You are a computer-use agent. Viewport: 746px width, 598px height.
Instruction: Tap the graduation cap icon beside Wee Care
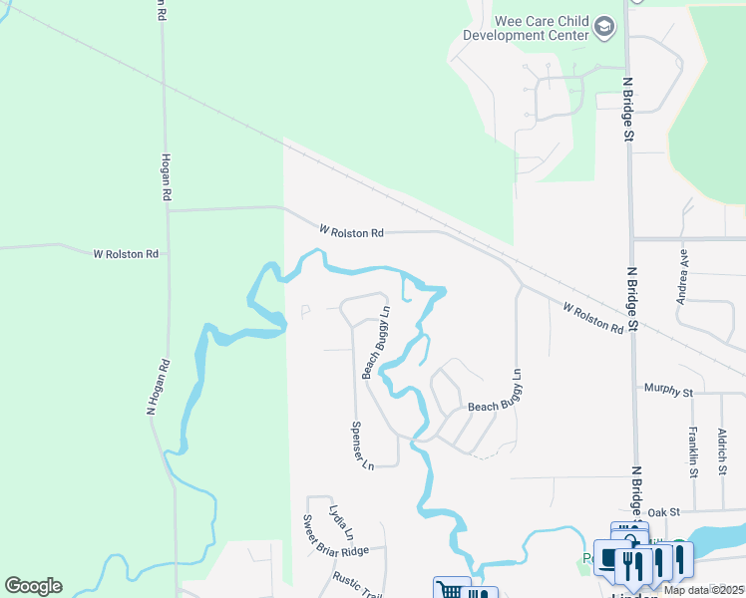(x=604, y=27)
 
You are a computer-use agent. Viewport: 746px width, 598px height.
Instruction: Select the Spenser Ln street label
(x=361, y=445)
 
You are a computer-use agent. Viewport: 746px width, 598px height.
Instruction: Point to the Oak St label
(x=663, y=511)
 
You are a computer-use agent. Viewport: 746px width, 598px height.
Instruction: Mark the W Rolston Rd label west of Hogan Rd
(x=126, y=254)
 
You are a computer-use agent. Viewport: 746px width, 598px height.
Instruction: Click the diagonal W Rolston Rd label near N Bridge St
(x=592, y=318)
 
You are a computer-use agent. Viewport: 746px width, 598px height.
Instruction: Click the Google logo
(x=33, y=586)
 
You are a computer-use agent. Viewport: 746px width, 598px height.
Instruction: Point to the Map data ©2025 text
(x=704, y=590)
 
